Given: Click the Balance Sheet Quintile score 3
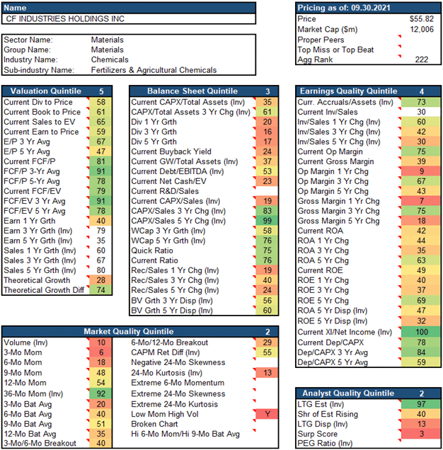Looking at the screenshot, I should tap(267, 91).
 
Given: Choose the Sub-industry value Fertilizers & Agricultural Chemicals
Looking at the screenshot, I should tap(154, 70).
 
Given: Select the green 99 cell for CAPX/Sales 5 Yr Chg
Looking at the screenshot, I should tap(267, 221).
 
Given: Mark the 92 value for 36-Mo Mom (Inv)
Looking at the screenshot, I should tap(101, 393).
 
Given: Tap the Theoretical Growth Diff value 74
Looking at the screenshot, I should tap(101, 290).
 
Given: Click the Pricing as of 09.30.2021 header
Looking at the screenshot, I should tap(343, 7).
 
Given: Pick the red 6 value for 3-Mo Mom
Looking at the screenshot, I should tap(101, 352).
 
